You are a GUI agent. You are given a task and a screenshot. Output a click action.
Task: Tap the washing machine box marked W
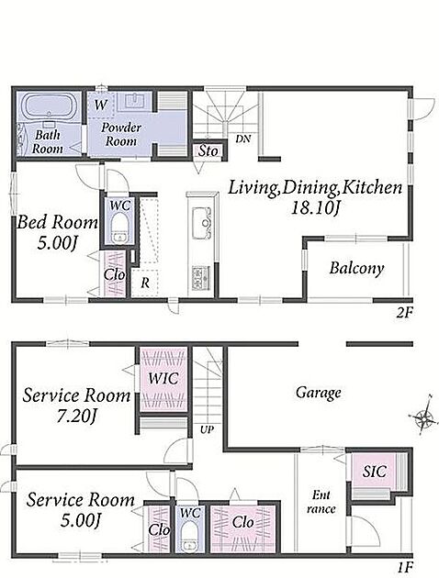pos(100,106)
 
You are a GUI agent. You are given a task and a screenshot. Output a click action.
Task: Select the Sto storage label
pos(208,150)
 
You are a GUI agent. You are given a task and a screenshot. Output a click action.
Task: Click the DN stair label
pos(243,139)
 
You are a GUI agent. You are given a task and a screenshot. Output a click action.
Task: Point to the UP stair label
pos(207,429)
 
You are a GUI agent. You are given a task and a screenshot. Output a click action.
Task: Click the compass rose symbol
pos(423,417)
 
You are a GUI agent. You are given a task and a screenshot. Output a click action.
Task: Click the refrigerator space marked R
pos(146,283)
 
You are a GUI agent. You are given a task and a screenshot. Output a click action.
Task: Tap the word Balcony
pos(356,269)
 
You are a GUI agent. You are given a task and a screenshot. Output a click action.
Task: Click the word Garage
pos(318,393)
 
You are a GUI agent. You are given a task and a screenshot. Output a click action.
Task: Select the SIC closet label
pos(374,472)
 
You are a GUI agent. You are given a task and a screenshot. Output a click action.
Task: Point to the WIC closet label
pos(163,378)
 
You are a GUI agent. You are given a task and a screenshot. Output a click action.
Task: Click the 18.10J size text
pos(315,208)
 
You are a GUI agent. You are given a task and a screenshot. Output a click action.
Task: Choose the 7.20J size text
pos(76,417)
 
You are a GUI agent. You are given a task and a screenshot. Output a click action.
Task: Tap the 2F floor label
pos(404,313)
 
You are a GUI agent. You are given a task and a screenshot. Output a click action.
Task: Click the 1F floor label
pos(405,566)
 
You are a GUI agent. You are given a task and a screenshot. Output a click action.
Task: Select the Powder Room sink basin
pos(135,101)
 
